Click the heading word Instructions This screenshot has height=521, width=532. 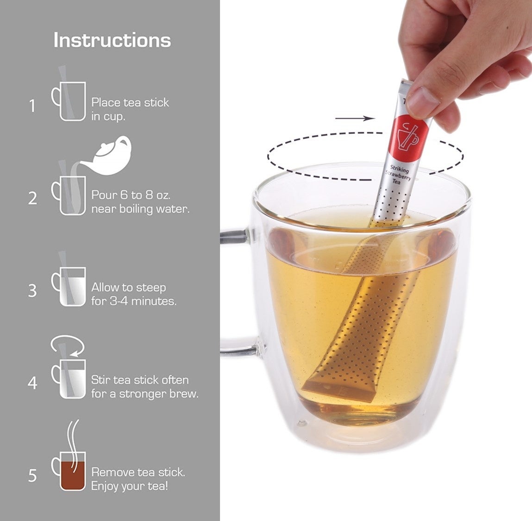(113, 40)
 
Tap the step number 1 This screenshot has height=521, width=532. (32, 106)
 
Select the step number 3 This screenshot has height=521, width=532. (32, 291)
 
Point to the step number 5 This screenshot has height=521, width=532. (32, 476)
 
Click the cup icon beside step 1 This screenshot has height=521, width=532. (69, 101)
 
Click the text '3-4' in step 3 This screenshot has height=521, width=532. (119, 301)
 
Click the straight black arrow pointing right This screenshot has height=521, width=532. (355, 119)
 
